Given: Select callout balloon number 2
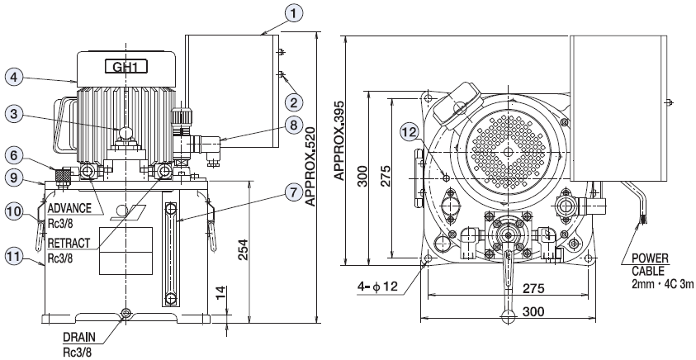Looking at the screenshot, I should coord(293,102).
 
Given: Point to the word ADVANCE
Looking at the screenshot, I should coord(69,207).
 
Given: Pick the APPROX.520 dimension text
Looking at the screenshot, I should coord(309,177).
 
